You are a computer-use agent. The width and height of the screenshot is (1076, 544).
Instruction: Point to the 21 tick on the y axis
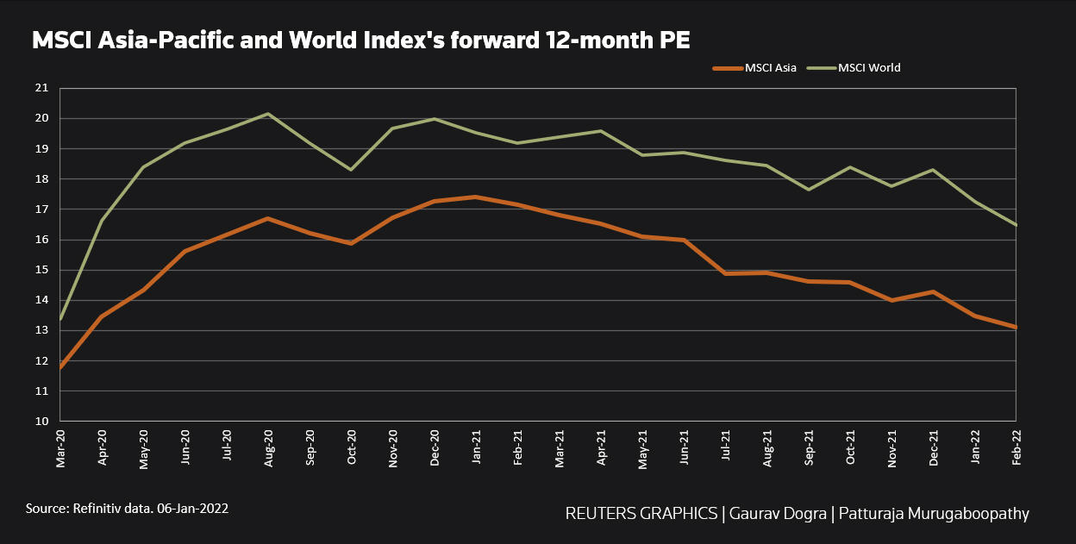click(41, 88)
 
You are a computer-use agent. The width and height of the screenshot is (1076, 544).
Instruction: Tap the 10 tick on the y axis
click(41, 422)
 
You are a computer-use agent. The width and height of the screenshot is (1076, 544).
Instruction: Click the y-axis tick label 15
click(41, 270)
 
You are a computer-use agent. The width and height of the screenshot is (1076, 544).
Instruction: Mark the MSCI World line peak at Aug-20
click(268, 114)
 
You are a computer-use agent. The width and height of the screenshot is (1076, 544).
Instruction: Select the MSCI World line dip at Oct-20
click(351, 169)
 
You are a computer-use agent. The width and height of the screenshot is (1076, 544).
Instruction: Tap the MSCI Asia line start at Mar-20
click(61, 367)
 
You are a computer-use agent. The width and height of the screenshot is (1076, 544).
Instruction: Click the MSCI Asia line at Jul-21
click(726, 273)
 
